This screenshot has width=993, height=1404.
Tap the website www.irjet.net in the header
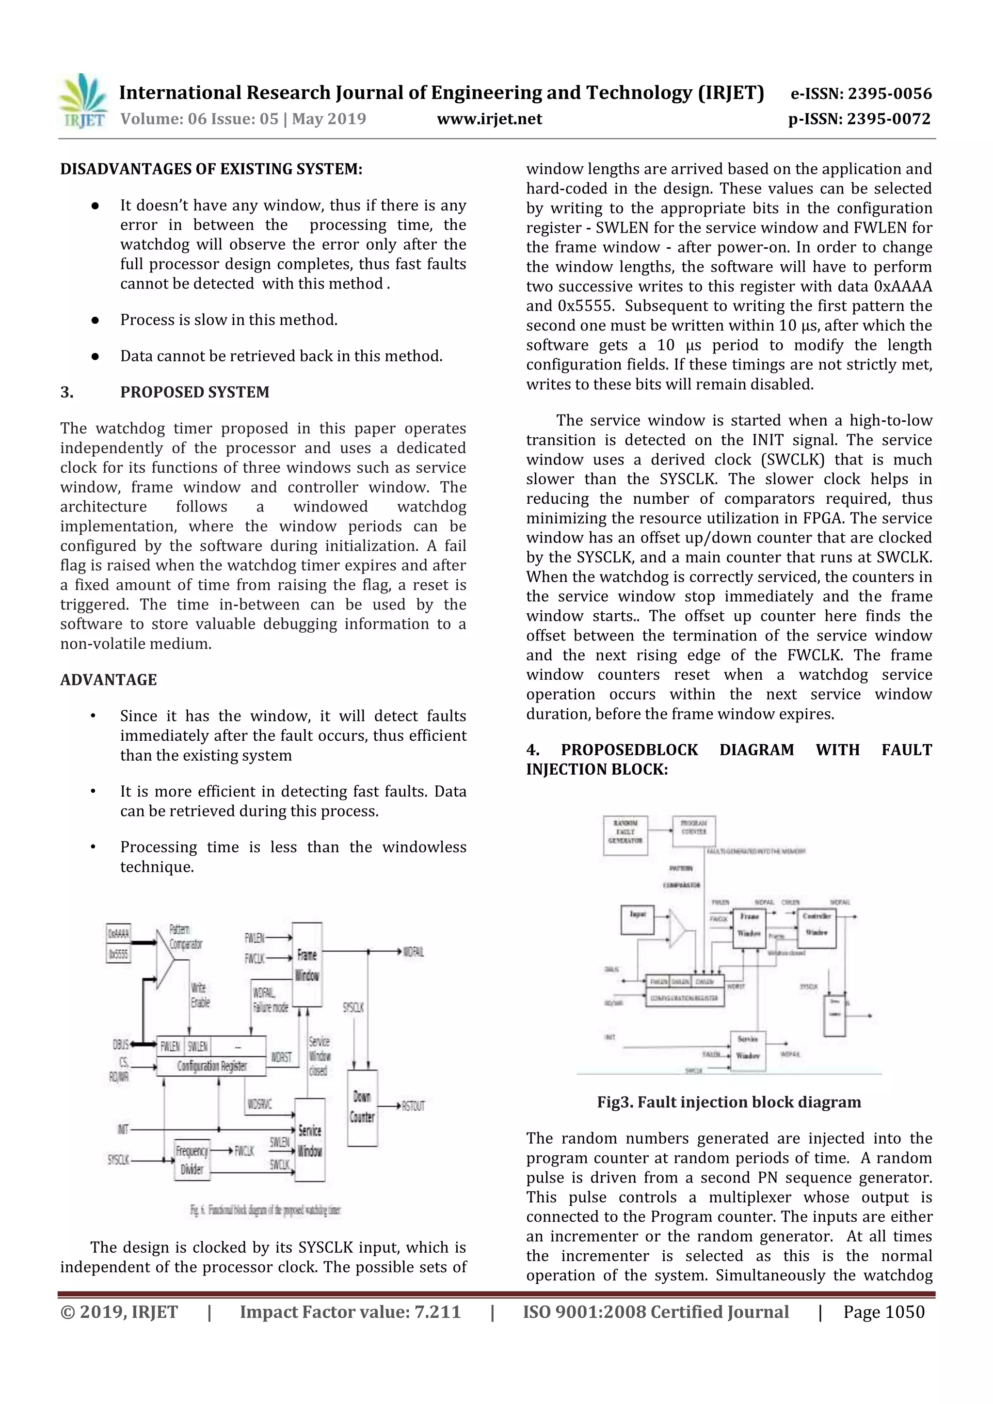pyautogui.click(x=489, y=119)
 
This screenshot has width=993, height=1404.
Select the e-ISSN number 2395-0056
pyautogui.click(x=861, y=94)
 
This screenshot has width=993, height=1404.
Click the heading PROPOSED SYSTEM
pyautogui.click(x=194, y=392)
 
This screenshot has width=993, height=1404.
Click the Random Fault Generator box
pyautogui.click(x=625, y=835)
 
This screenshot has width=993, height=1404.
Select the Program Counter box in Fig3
pyautogui.click(x=693, y=830)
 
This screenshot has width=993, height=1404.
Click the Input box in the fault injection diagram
pyautogui.click(x=637, y=920)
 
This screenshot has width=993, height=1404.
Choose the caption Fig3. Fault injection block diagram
pyautogui.click(x=729, y=1102)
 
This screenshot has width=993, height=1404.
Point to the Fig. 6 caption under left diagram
pyautogui.click(x=265, y=1210)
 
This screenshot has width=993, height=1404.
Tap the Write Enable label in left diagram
pyautogui.click(x=200, y=995)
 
